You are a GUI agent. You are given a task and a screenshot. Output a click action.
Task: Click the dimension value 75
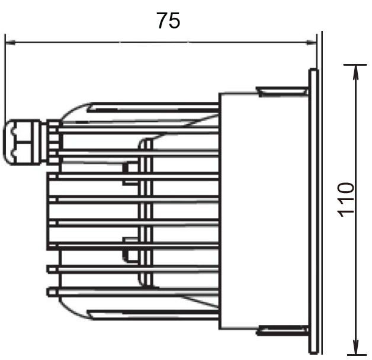click(x=168, y=21)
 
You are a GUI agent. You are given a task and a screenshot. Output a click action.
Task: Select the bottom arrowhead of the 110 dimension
click(x=355, y=349)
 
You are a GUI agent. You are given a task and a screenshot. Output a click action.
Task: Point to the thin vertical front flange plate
click(x=313, y=210)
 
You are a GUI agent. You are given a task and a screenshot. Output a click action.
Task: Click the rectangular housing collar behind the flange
click(x=237, y=210)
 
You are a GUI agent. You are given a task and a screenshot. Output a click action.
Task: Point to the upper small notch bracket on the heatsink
click(x=126, y=169)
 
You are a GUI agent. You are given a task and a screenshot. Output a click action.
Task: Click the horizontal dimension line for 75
click(x=160, y=42)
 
